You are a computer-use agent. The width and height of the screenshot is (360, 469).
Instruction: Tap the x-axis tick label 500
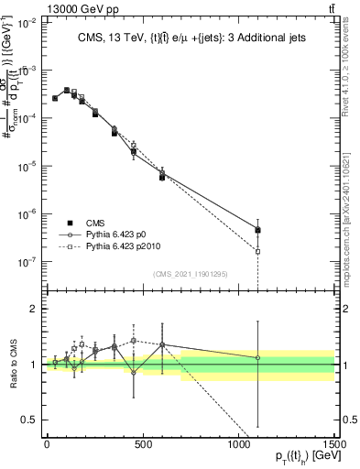click(x=143, y=445)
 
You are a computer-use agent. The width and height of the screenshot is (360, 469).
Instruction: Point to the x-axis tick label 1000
click(x=239, y=445)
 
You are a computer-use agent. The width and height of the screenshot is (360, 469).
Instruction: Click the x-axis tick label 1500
click(x=335, y=445)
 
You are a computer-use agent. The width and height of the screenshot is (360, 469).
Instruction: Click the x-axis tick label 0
click(x=47, y=445)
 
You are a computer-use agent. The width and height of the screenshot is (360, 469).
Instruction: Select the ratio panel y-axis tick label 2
click(x=34, y=309)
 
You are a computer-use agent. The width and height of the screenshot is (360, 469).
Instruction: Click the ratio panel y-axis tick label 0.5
click(x=30, y=420)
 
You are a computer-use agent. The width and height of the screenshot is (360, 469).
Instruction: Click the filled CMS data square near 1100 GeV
click(x=258, y=230)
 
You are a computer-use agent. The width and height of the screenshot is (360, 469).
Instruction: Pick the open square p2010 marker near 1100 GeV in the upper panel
click(x=258, y=251)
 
